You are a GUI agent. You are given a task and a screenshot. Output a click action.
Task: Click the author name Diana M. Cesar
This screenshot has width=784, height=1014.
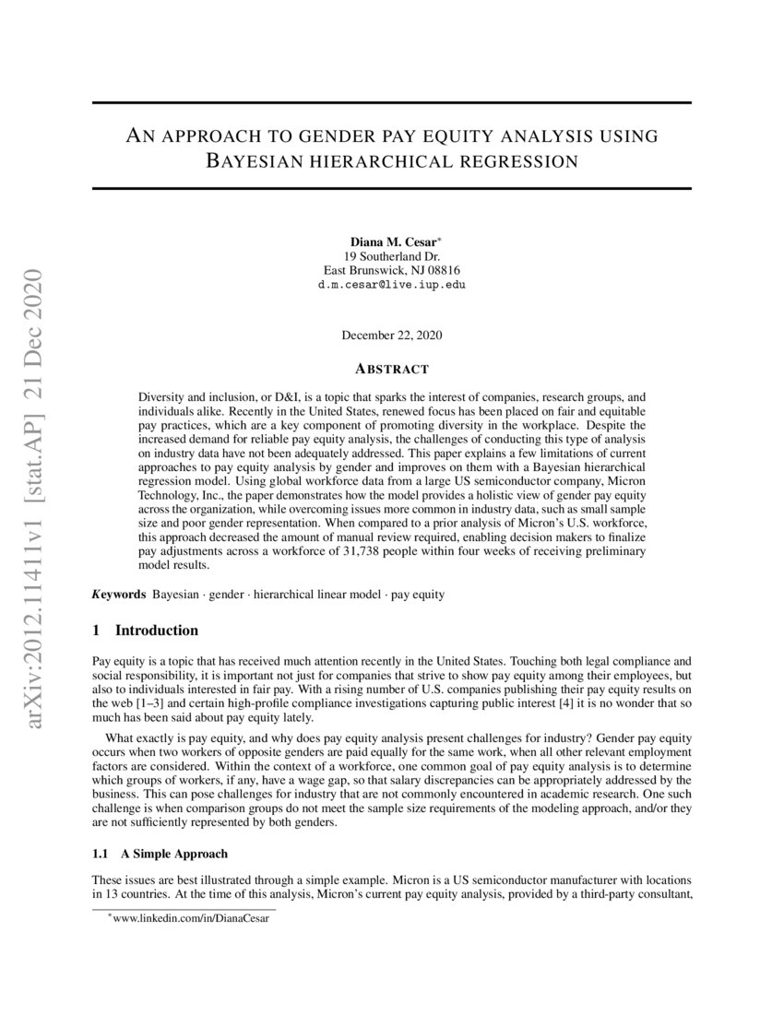389,241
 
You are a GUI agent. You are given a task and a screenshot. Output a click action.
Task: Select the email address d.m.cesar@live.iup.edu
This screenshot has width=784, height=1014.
392,285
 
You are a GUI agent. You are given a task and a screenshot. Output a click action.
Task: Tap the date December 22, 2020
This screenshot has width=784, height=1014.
392,335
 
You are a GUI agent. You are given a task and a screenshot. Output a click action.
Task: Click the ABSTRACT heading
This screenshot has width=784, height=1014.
392,369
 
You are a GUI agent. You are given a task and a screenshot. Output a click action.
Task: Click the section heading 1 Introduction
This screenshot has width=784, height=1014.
146,631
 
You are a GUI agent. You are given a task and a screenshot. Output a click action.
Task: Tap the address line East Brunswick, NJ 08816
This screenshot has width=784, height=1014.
392,270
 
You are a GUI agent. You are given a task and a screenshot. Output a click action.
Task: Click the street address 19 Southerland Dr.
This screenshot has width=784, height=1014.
392,255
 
